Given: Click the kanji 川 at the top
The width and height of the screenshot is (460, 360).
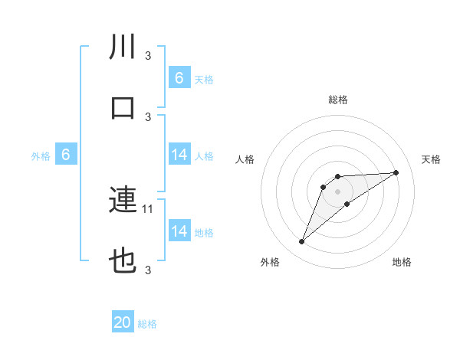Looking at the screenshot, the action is pyautogui.click(x=123, y=46).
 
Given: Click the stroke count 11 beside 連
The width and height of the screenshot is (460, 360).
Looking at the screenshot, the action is pyautogui.click(x=149, y=208).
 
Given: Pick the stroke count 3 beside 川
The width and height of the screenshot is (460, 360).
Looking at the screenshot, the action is pyautogui.click(x=148, y=55).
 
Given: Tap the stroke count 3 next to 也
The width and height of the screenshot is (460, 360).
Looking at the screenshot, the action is pyautogui.click(x=148, y=270).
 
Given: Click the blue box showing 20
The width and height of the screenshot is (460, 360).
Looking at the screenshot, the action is pyautogui.click(x=123, y=323).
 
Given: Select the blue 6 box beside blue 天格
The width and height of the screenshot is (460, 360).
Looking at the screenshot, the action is pyautogui.click(x=179, y=77).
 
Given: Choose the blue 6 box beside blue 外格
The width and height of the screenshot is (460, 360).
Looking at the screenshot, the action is pyautogui.click(x=66, y=155).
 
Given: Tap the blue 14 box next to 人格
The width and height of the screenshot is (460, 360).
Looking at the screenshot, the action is pyautogui.click(x=179, y=155).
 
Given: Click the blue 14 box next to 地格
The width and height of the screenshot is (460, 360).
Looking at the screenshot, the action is pyautogui.click(x=179, y=231).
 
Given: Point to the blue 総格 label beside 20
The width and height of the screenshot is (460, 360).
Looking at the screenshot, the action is pyautogui.click(x=147, y=324).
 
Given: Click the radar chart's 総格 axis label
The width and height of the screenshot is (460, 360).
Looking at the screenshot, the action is pyautogui.click(x=338, y=100).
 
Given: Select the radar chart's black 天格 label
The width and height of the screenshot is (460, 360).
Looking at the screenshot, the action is pyautogui.click(x=431, y=159).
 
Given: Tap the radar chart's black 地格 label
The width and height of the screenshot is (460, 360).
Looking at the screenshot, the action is pyautogui.click(x=402, y=262).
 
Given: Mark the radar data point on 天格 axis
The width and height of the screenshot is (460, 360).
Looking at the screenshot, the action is pyautogui.click(x=396, y=172).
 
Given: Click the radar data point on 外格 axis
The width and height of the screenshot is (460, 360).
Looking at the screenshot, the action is pyautogui.click(x=301, y=242).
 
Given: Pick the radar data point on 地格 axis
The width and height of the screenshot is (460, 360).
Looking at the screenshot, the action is pyautogui.click(x=347, y=204).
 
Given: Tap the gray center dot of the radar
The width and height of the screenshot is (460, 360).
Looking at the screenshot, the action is pyautogui.click(x=337, y=191).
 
